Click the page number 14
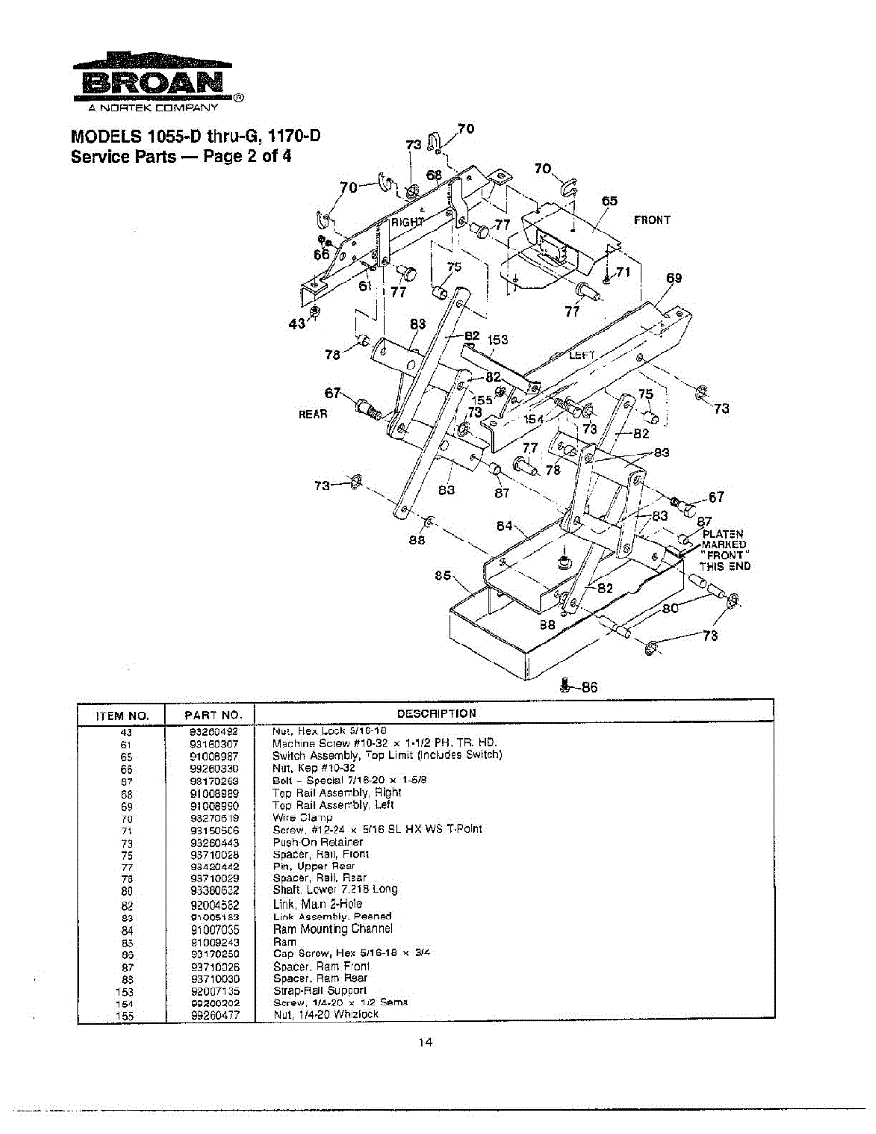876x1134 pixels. [425, 1042]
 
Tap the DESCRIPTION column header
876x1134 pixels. [437, 713]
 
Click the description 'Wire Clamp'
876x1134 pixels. [302, 817]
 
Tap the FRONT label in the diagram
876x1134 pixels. [652, 220]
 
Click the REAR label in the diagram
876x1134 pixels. [313, 414]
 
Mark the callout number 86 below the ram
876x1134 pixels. [589, 687]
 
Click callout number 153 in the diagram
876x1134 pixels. [498, 340]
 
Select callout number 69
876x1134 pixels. [674, 278]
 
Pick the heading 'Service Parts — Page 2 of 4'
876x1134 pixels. [181, 156]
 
